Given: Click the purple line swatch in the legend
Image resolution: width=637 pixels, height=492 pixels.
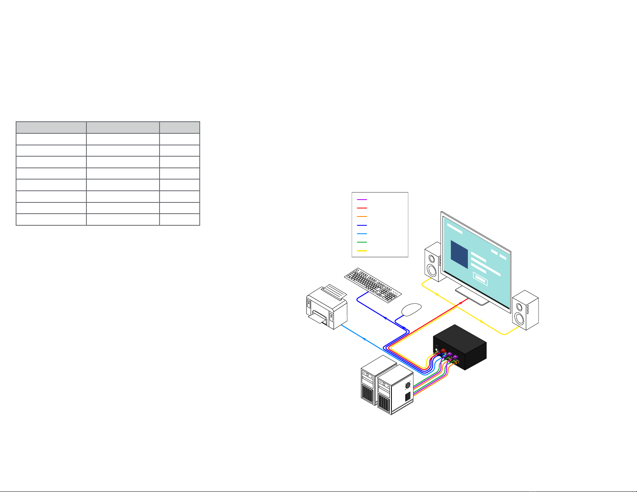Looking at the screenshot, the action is click(362, 200).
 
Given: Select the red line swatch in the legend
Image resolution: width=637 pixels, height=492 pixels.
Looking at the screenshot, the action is click(362, 208).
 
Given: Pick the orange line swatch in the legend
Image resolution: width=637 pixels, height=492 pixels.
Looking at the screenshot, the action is click(362, 216).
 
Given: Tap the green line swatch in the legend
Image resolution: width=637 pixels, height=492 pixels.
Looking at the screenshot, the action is click(362, 242).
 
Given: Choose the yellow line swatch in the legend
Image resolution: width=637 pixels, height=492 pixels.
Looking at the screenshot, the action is click(362, 251).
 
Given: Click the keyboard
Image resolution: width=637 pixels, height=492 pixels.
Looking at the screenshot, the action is click(373, 283).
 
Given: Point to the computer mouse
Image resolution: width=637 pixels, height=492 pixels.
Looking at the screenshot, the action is click(412, 310).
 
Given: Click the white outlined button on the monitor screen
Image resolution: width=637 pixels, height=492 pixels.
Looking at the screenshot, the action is click(480, 279).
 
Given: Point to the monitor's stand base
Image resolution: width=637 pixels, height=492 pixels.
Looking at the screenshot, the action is click(473, 296).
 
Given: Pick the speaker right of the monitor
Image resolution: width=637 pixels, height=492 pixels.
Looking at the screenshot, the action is click(524, 310).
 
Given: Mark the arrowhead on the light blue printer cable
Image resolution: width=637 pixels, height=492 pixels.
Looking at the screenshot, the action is click(365, 339).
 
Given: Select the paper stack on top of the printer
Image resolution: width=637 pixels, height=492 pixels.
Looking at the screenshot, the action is click(334, 291).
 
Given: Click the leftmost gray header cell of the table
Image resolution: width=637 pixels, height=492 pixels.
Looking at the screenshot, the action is click(51, 127).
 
